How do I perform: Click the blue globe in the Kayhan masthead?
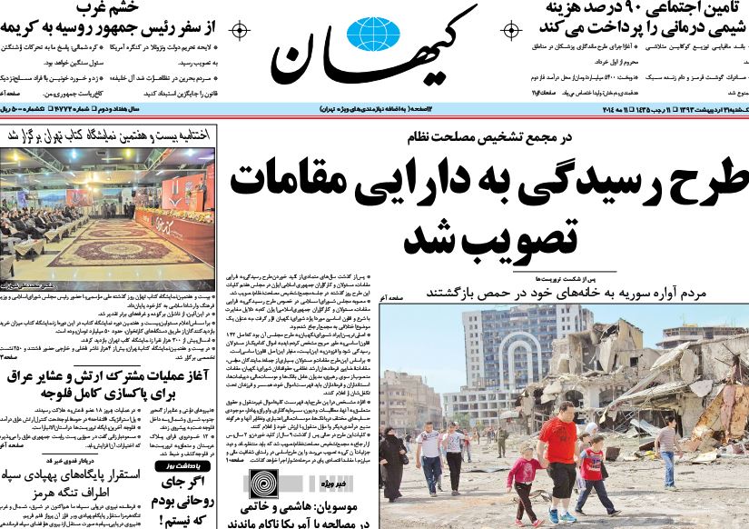374,35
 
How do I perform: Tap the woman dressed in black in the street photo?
393,463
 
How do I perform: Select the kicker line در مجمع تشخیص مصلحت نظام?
485,137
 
